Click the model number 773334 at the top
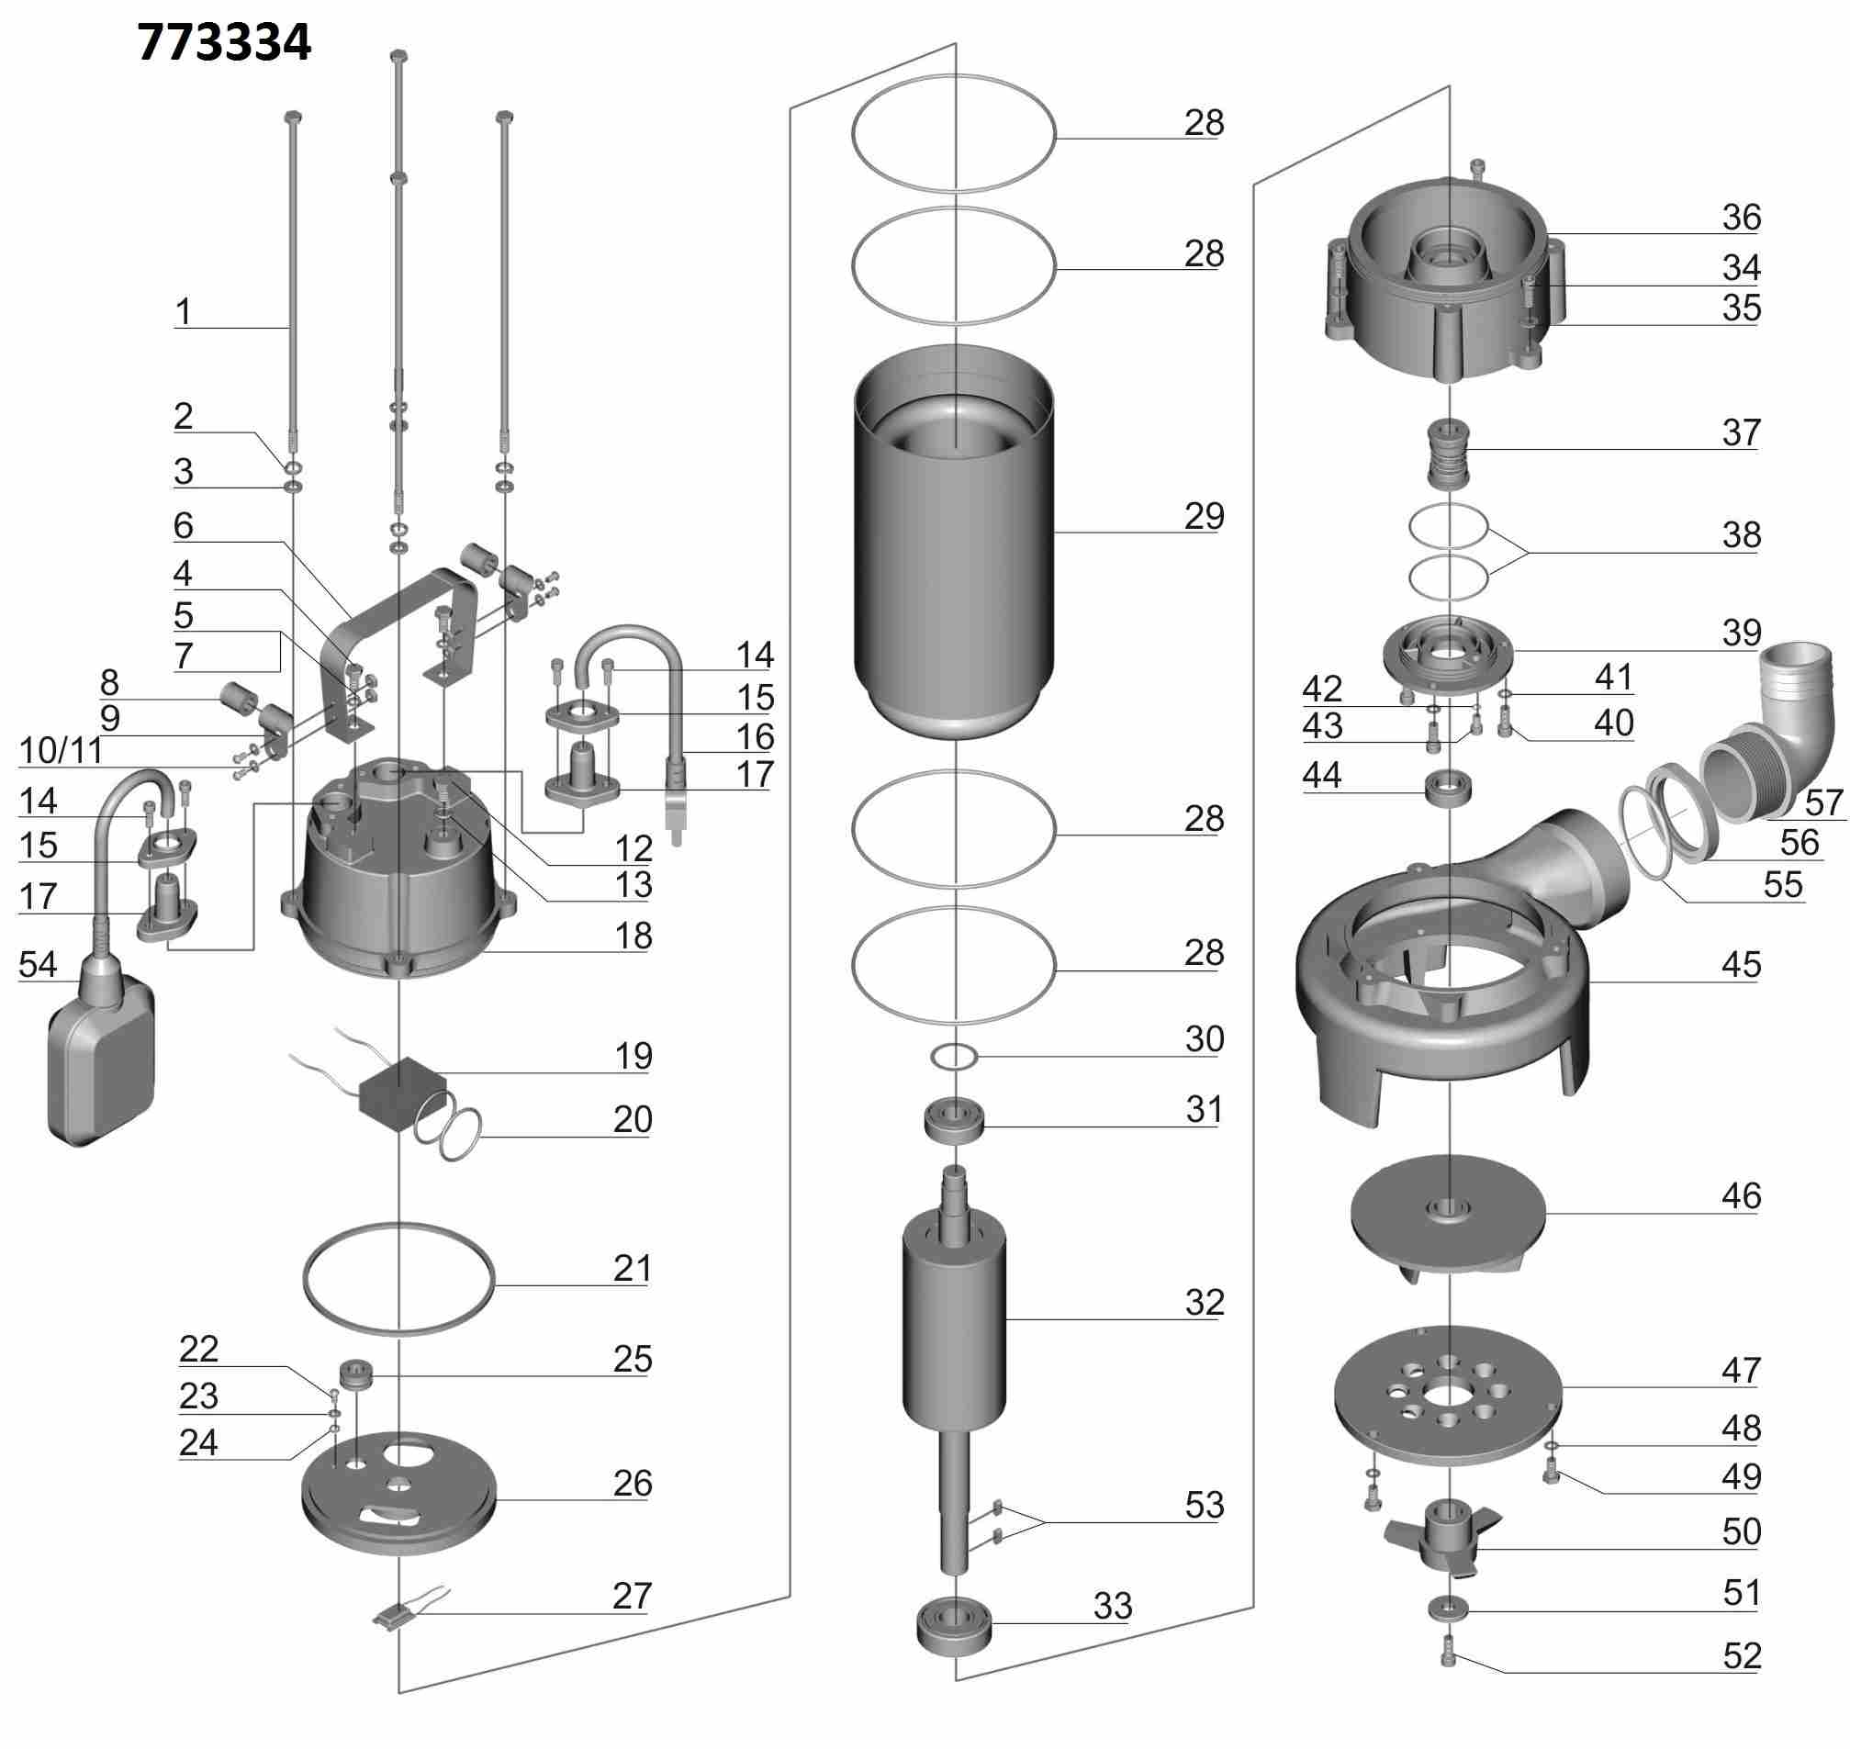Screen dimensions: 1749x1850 pyautogui.click(x=224, y=43)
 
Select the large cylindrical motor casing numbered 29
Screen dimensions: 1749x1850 pyautogui.click(x=954, y=541)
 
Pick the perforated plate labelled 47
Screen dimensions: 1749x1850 pyautogui.click(x=1446, y=1395)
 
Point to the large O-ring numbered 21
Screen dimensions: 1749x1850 pyautogui.click(x=399, y=1277)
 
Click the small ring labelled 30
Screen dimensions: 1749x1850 pyautogui.click(x=954, y=1058)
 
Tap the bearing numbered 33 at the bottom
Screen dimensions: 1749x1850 pyautogui.click(x=954, y=1627)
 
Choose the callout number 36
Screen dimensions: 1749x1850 pyautogui.click(x=1741, y=218)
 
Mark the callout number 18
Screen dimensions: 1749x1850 pyautogui.click(x=633, y=936)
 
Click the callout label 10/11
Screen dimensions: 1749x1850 pyautogui.click(x=61, y=750)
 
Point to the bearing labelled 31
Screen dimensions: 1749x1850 pyautogui.click(x=954, y=1121)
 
